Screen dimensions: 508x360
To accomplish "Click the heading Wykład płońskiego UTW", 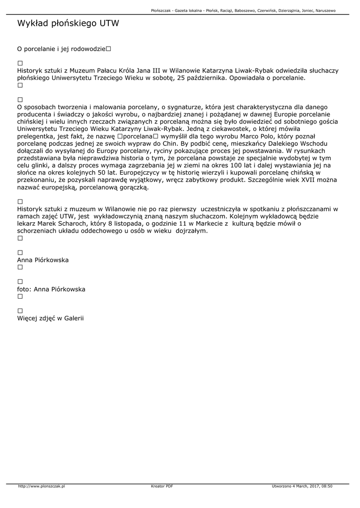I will (x=68, y=23).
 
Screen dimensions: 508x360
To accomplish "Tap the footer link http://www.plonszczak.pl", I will (x=42, y=486).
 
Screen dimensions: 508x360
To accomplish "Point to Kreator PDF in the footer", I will (x=162, y=486).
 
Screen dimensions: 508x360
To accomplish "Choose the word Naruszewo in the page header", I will (x=325, y=10).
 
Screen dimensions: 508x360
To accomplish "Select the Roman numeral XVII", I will (x=311, y=179).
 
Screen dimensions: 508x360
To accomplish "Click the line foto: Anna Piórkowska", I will (x=51, y=289).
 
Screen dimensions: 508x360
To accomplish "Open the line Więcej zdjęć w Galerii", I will (x=51, y=318).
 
